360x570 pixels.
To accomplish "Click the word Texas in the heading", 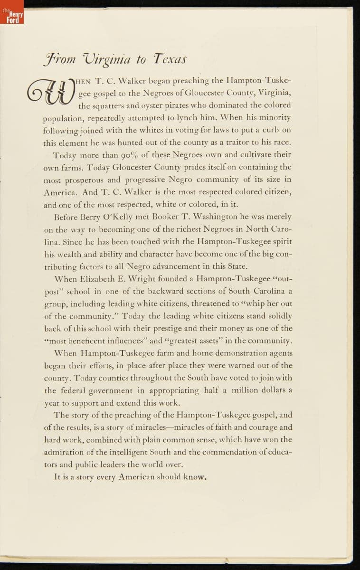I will coord(169,59).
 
